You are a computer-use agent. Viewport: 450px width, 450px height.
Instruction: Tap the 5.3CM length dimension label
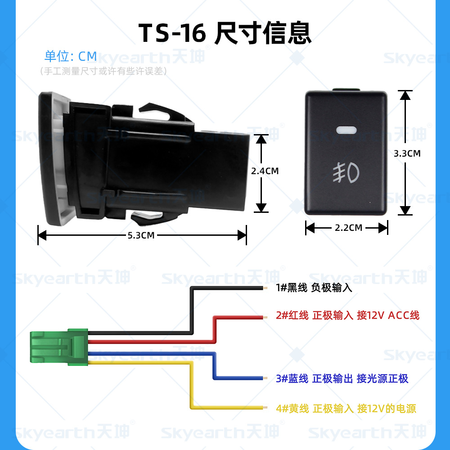[141, 235]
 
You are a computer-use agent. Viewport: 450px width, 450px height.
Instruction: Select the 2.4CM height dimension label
[265, 171]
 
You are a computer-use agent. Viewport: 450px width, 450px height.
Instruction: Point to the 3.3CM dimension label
[407, 153]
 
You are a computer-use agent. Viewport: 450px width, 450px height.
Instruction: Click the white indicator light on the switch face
[346, 130]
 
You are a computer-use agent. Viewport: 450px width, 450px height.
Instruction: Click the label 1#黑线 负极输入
[314, 288]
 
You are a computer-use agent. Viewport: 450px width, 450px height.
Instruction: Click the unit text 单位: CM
[71, 56]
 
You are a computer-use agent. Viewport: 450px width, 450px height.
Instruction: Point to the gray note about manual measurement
[103, 71]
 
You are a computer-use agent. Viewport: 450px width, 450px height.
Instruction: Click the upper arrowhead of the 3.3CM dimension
[405, 94]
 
